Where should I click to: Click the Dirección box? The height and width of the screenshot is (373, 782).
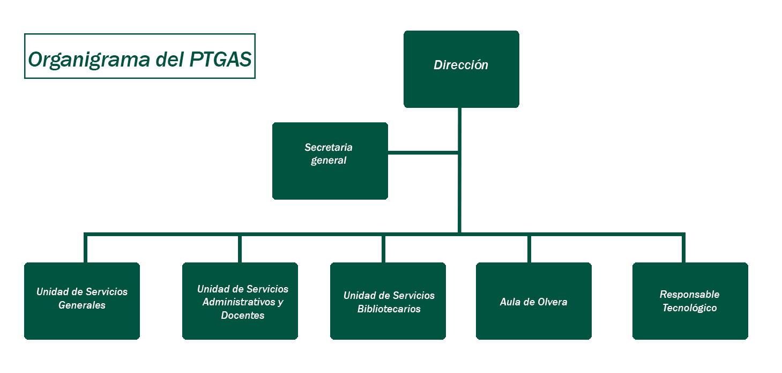pyautogui.click(x=461, y=69)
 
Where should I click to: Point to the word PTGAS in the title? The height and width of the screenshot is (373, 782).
pyautogui.click(x=221, y=59)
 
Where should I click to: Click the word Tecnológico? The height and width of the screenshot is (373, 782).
pyautogui.click(x=689, y=308)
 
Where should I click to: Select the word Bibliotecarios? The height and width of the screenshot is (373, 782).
pyautogui.click(x=389, y=309)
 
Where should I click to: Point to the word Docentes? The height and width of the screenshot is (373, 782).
pyautogui.click(x=242, y=316)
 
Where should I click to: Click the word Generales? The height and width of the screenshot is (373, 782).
pyautogui.click(x=81, y=305)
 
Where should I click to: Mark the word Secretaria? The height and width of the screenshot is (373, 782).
pyautogui.click(x=329, y=147)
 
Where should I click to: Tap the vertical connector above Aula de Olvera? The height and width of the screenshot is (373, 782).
pyautogui.click(x=529, y=248)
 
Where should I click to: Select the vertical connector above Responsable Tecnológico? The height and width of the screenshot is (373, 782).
pyautogui.click(x=683, y=248)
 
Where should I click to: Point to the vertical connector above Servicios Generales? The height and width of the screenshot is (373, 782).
pyautogui.click(x=85, y=248)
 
